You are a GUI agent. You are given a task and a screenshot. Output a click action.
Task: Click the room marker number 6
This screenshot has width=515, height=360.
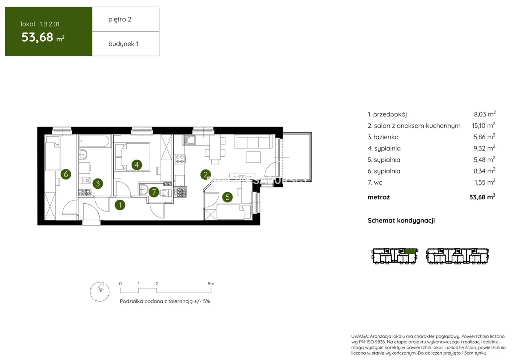tap(66, 174)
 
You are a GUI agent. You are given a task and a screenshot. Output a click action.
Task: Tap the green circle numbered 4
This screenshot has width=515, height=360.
tap(137, 165)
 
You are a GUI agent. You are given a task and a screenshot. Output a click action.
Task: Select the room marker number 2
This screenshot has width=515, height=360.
tap(205, 175)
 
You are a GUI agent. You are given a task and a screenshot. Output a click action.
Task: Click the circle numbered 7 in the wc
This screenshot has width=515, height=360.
tap(154, 192)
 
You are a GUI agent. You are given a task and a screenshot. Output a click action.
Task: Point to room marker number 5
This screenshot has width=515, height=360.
tap(227, 197)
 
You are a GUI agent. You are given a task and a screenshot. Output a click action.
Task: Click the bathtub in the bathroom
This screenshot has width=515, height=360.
tap(94, 141)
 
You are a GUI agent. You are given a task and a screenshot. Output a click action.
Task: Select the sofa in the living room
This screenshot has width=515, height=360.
tap(254, 142)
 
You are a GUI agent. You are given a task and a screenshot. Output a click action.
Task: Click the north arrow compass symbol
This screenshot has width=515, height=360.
tap(100, 291)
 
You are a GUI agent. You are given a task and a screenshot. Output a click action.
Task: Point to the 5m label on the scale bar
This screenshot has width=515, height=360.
tap(211, 284)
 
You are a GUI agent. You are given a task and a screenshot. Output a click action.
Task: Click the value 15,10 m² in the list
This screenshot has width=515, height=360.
tap(483, 126)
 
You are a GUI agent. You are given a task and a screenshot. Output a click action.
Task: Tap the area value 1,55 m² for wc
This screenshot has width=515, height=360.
tap(484, 182)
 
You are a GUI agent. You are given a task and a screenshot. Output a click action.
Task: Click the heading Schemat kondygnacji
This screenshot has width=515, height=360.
tap(401, 220)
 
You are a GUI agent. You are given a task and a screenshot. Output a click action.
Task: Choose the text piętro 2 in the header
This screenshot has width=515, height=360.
tap(120, 19)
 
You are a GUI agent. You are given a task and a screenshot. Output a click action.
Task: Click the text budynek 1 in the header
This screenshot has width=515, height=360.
tap(123, 44)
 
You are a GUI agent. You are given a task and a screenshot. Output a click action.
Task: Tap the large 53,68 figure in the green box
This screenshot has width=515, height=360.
tap(38, 37)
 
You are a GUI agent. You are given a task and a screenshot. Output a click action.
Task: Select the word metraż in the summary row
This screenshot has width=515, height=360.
tap(378, 197)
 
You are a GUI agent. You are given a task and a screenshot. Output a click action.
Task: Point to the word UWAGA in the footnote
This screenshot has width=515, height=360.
tap(360, 336)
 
